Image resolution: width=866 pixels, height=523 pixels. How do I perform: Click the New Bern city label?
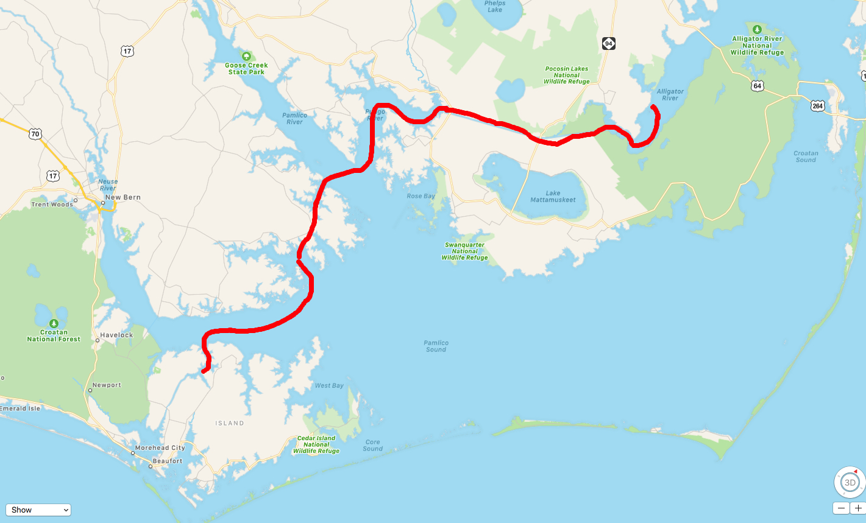pos(122,197)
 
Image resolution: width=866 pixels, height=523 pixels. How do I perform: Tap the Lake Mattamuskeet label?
pos(553,197)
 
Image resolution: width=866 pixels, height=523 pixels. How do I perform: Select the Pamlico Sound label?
pos(436,346)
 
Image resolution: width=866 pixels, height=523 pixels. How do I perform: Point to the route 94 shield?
pos(609,43)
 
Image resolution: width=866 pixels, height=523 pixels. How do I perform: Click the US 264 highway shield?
pos(817,106)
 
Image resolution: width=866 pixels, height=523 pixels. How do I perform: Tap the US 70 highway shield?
pos(35,134)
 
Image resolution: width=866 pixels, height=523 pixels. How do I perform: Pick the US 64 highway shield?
pos(758,86)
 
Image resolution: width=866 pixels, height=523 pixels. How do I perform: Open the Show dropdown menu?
pos(38,510)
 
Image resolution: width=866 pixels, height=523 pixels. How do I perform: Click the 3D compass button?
pos(850,482)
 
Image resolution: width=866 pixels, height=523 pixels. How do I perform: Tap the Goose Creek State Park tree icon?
pos(246,55)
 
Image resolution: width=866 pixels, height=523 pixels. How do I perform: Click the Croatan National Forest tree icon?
pos(54,323)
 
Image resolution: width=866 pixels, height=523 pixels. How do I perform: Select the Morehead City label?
pos(160,448)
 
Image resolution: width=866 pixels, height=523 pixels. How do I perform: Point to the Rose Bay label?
pos(421,196)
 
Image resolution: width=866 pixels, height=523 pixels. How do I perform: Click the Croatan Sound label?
pos(806,156)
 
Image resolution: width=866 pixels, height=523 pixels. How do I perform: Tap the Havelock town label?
pos(116,335)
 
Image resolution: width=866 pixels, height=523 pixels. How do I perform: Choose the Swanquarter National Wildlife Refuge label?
pos(464,251)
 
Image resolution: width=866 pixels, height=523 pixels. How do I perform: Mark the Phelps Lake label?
pos(495,7)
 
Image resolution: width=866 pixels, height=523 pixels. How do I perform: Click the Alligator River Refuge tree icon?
pos(757,29)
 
